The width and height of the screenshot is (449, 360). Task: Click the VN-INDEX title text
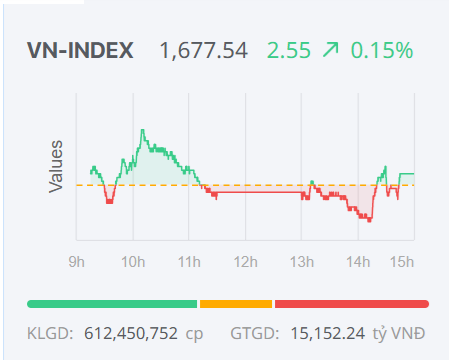click(x=81, y=50)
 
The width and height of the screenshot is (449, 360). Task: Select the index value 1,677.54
click(x=204, y=50)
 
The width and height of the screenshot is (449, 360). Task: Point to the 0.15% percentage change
click(x=381, y=50)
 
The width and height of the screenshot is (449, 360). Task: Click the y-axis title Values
click(x=57, y=167)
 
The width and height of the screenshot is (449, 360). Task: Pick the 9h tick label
click(x=77, y=262)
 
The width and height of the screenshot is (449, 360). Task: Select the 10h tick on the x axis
click(x=132, y=262)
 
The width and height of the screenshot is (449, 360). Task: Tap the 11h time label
click(x=188, y=262)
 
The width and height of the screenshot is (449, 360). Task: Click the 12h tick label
click(x=245, y=262)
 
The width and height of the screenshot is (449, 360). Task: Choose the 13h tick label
click(x=301, y=262)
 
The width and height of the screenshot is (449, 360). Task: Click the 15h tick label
click(x=402, y=262)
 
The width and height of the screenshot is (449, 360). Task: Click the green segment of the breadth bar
click(x=112, y=303)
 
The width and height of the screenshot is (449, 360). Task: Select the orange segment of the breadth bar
click(x=236, y=303)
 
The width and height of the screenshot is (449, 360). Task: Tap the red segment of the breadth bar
click(x=351, y=303)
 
